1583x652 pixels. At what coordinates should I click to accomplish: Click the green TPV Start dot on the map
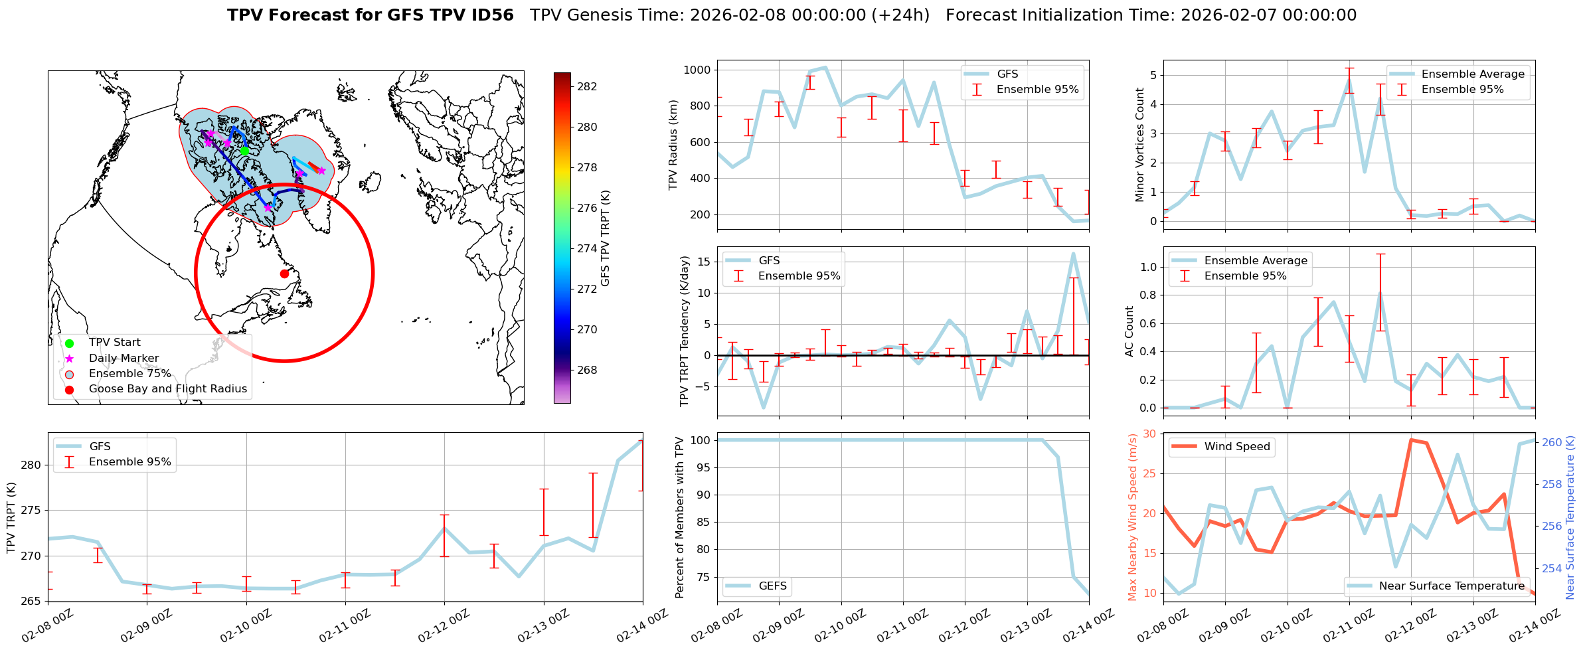244,151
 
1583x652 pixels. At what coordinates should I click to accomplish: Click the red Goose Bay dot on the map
284,274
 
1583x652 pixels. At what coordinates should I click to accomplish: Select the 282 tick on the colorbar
587,86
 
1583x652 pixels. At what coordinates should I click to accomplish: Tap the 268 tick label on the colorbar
587,370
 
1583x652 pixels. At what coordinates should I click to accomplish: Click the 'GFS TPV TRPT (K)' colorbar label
605,238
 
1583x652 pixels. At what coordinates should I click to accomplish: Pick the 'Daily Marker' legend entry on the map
124,358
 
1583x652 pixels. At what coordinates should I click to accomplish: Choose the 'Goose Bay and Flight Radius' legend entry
167,388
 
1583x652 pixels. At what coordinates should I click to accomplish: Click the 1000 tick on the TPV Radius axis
697,70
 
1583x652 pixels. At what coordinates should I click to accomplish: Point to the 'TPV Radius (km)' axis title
673,145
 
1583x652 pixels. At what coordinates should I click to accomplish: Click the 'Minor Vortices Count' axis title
1140,145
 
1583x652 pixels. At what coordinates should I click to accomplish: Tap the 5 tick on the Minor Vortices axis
1153,75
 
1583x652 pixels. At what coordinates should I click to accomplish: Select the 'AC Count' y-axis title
1129,331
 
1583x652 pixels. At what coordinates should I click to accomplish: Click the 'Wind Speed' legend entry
1236,446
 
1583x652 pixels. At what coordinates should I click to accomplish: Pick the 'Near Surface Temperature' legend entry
1452,586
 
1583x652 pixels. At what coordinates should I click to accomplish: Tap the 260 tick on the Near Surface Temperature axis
1552,442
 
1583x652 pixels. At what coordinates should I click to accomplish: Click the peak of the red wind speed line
1411,440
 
